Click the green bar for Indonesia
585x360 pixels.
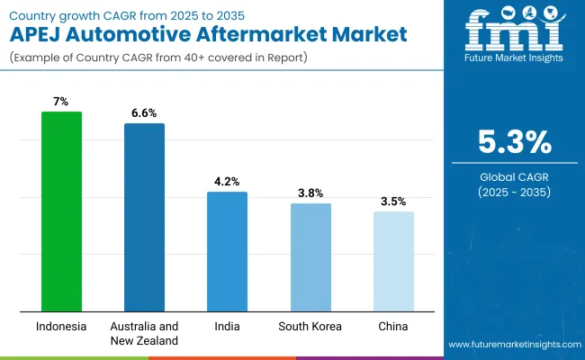[61, 211]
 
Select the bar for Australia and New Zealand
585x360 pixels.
[144, 217]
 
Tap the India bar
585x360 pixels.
[227, 251]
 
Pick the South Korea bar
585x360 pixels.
[310, 257]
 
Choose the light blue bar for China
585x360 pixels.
[393, 261]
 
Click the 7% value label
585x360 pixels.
[61, 102]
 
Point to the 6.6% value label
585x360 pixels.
[144, 113]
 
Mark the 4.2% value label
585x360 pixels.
[227, 182]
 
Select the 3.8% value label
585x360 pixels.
[310, 193]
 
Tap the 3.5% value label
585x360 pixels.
[393, 202]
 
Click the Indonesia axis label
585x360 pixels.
[61, 326]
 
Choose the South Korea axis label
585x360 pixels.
[310, 326]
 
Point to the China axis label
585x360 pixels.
[393, 326]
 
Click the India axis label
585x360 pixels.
[227, 326]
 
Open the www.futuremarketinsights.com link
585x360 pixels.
[512, 345]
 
